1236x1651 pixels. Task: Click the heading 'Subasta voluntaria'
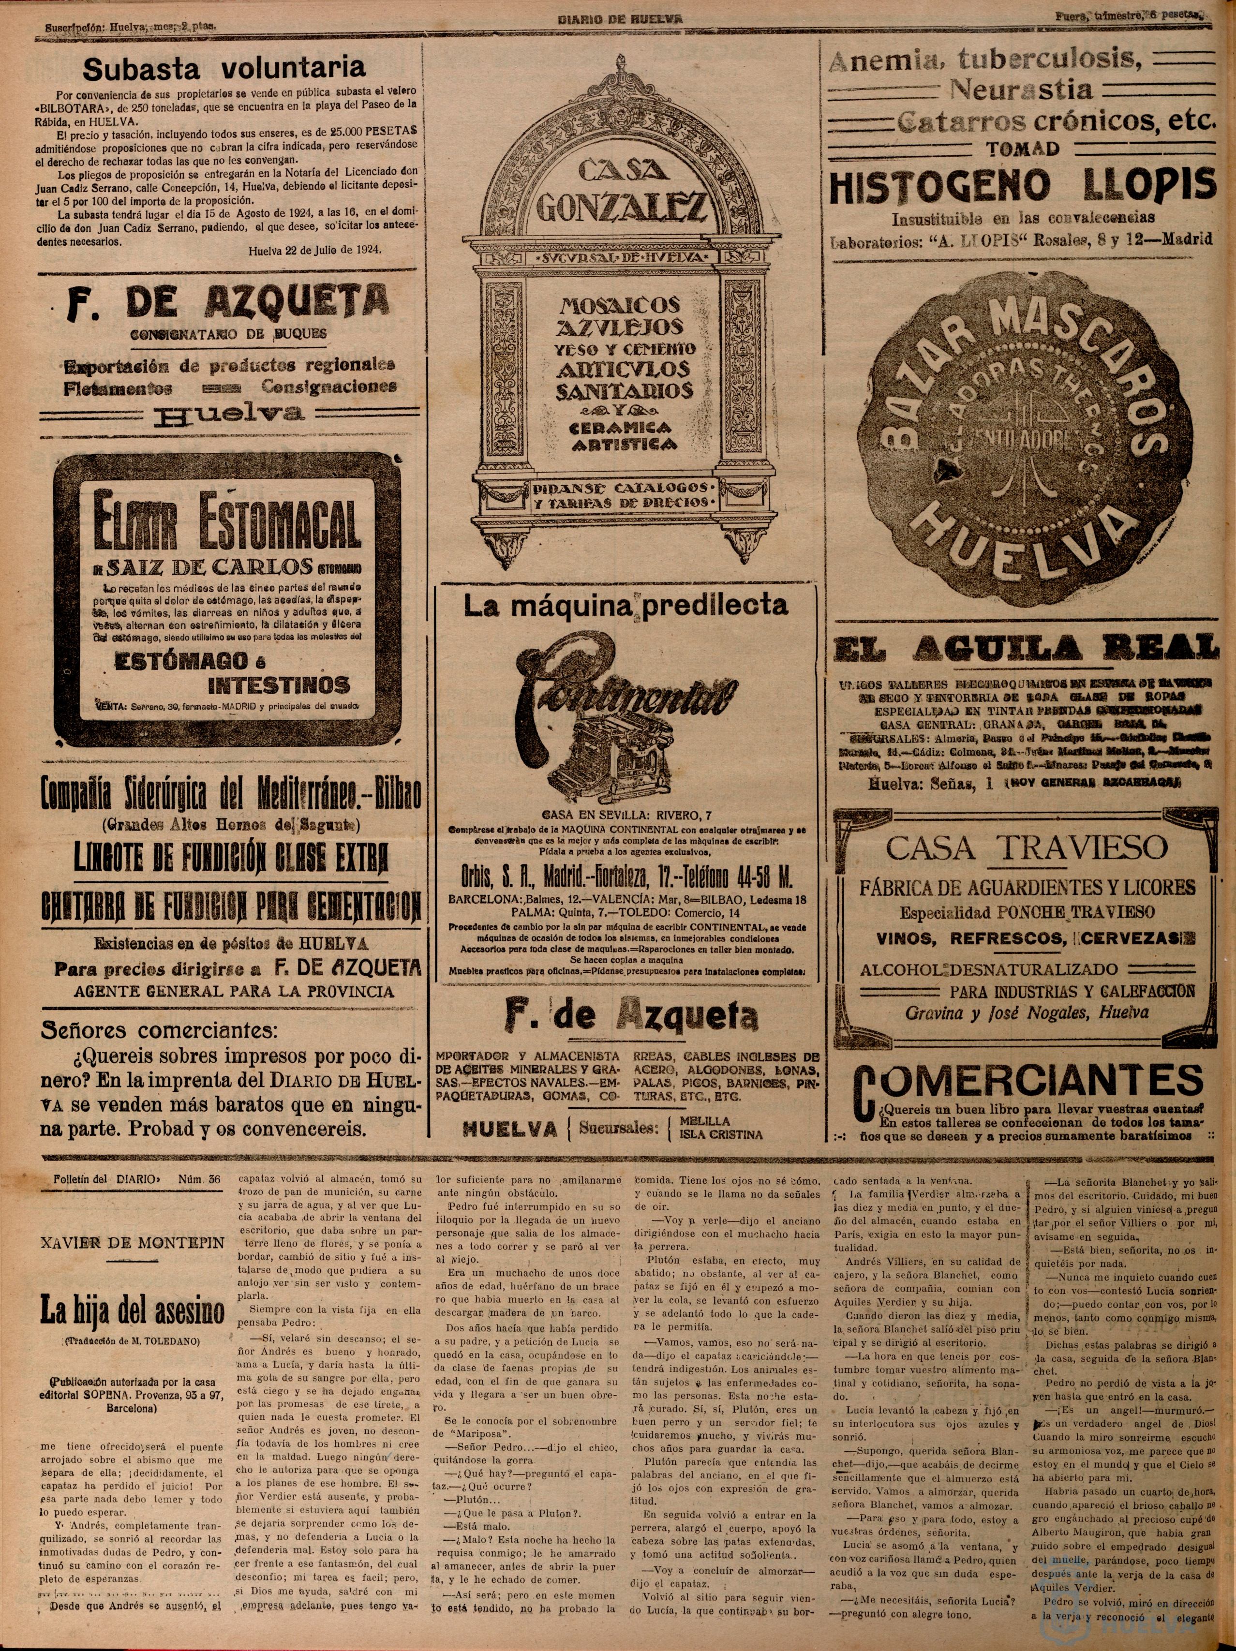[x=224, y=69]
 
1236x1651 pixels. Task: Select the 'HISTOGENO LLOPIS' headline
[x=1023, y=187]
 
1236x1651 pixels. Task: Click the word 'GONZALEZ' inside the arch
[x=621, y=205]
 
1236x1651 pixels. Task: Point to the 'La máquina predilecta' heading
[x=625, y=605]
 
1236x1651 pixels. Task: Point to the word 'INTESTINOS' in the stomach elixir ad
[x=278, y=685]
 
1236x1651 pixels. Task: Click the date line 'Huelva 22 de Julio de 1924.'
[x=314, y=250]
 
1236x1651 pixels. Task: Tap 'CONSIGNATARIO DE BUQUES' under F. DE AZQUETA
[x=228, y=334]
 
